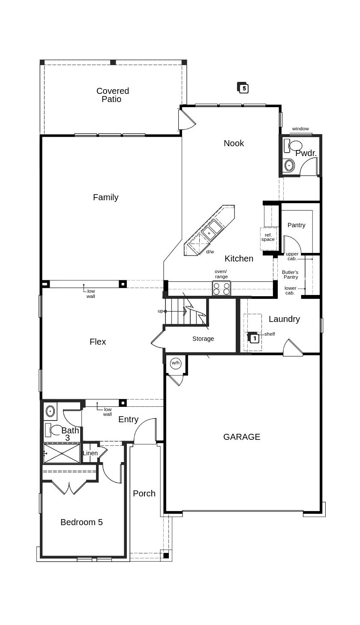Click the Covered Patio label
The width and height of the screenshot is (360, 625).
112,95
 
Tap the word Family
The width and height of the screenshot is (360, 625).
105,197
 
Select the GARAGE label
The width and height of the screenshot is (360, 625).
242,437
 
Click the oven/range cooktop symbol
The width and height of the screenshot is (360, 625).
222,288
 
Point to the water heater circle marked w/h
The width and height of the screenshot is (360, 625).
176,363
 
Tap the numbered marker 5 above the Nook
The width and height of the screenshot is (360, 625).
243,88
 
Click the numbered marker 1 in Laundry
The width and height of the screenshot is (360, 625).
254,338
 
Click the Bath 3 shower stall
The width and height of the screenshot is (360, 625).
62,453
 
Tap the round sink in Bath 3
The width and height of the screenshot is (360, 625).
50,411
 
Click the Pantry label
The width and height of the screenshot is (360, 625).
296,225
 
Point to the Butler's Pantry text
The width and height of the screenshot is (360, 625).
290,274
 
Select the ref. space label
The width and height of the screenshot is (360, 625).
268,237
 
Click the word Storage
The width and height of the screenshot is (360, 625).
203,339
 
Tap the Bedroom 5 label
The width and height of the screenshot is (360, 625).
81,522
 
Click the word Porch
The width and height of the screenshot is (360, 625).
144,493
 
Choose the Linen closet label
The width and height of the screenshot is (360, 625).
90,453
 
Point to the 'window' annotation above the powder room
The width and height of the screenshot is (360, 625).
300,129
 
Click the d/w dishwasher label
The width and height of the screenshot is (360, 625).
210,252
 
